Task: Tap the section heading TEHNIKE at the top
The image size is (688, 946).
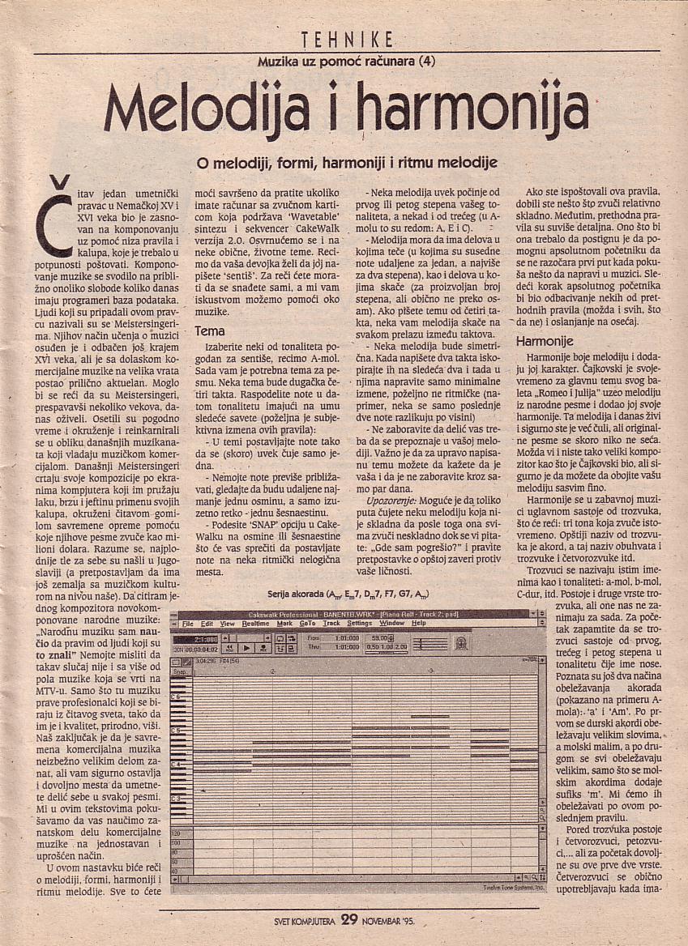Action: click(x=346, y=39)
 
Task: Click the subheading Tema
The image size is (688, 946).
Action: click(x=210, y=331)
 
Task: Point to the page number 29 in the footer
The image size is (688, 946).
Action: click(x=349, y=919)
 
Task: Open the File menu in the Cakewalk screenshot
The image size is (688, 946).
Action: click(x=188, y=624)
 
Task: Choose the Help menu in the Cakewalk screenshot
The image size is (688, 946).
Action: click(x=418, y=624)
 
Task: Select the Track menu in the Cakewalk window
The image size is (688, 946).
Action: click(x=331, y=624)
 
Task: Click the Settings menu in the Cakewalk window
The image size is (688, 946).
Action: click(x=360, y=624)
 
